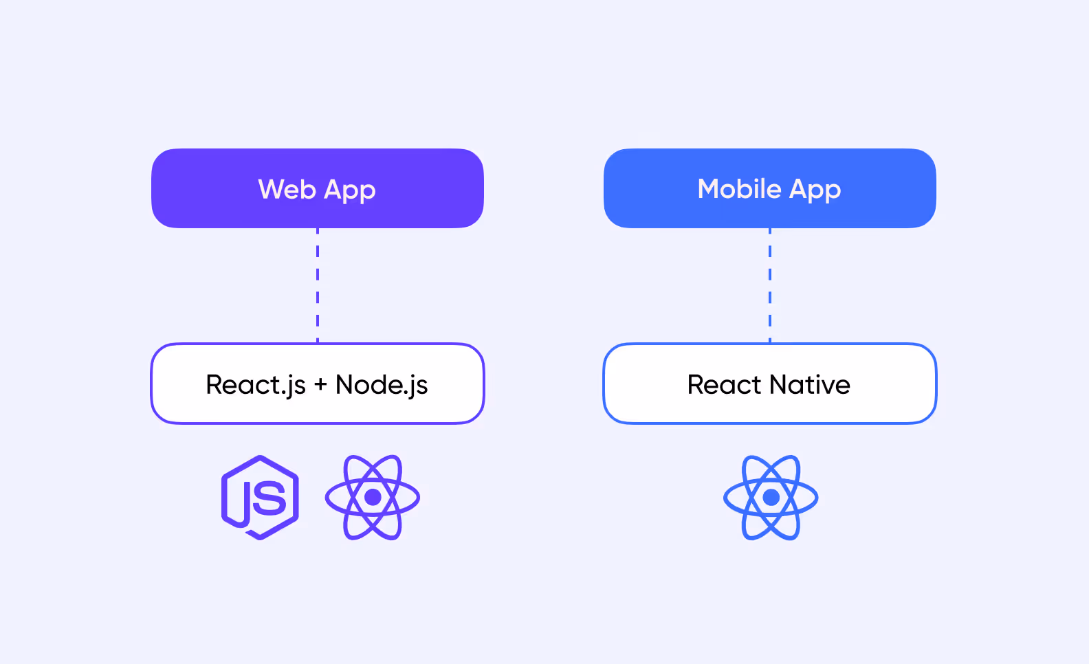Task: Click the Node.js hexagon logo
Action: [260, 497]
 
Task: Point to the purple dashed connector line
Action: [318, 285]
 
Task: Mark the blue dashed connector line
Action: [770, 285]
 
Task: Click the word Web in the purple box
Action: [287, 189]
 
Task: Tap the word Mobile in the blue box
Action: [739, 189]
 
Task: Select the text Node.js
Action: [382, 385]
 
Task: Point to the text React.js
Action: [256, 385]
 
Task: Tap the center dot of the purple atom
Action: [373, 497]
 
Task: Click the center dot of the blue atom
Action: [771, 497]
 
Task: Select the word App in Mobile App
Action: [815, 190]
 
